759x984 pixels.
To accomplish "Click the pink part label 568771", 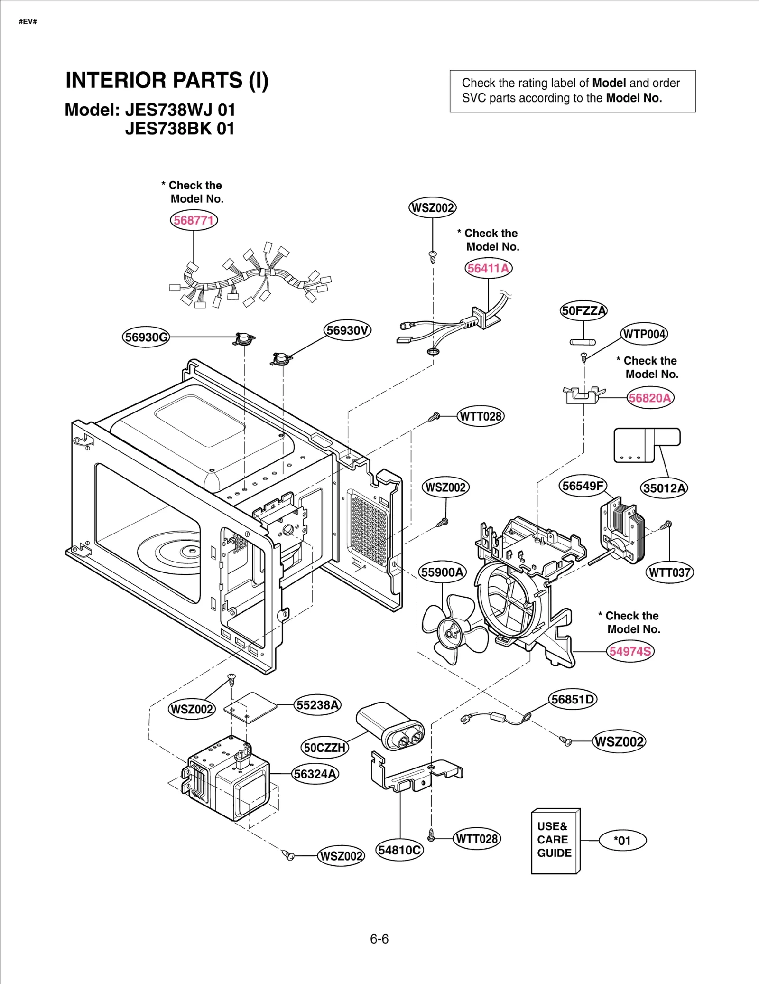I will point(194,220).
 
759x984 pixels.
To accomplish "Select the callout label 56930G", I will point(146,337).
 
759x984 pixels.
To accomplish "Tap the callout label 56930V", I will point(347,330).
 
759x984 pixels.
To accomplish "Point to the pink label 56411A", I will point(488,268).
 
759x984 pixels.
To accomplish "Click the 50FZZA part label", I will point(583,311).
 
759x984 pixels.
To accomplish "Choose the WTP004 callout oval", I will point(644,334).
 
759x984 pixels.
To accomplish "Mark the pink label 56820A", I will point(650,398).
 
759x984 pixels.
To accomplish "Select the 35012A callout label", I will point(664,488).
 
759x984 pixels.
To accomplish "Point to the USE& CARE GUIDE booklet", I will point(555,841).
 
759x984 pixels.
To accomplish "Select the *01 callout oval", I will point(622,841).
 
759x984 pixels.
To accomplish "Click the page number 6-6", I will point(379,939).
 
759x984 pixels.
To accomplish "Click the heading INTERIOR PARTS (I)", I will point(167,80).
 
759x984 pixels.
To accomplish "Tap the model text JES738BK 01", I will point(180,129).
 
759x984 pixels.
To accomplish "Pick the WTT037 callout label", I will point(669,572).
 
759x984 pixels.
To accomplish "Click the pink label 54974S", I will point(630,651).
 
